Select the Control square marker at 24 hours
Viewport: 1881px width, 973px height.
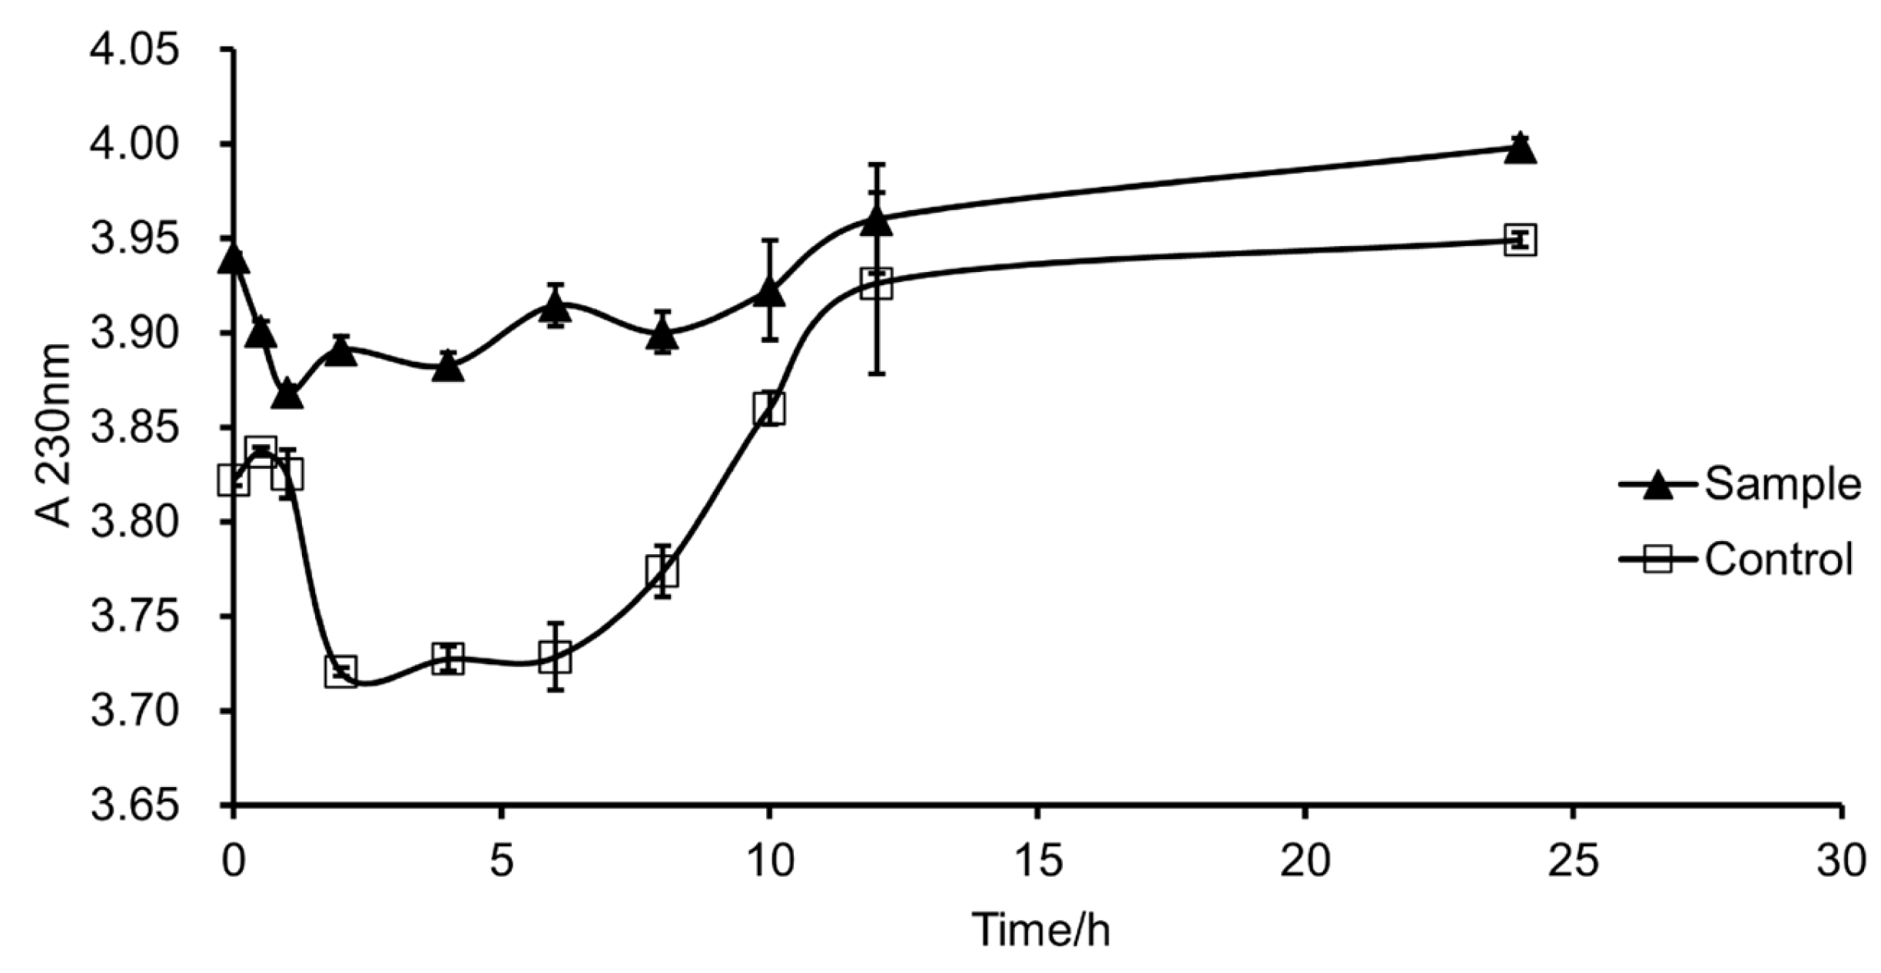click(x=1520, y=240)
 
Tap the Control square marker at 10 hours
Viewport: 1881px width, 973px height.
click(x=769, y=407)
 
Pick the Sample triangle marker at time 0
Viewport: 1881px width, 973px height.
click(x=233, y=261)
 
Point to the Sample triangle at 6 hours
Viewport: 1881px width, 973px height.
click(x=555, y=308)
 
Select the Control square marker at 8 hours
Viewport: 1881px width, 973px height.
click(x=662, y=570)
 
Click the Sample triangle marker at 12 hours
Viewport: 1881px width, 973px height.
click(x=877, y=222)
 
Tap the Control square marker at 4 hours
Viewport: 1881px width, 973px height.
click(x=448, y=659)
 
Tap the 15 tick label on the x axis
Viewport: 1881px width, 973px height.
click(x=1037, y=862)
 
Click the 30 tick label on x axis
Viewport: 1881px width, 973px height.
click(x=1841, y=862)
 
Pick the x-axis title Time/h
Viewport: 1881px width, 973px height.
click(x=1041, y=930)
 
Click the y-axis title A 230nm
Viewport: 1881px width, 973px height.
click(x=54, y=436)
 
